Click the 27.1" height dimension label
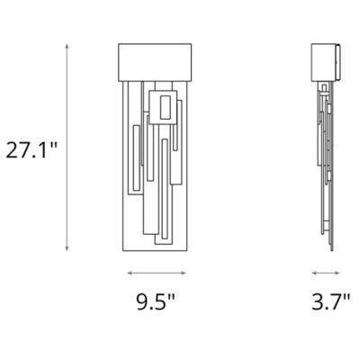(31, 148)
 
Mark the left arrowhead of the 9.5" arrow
(128, 272)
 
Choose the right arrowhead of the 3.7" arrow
(340, 272)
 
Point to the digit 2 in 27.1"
(11, 148)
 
